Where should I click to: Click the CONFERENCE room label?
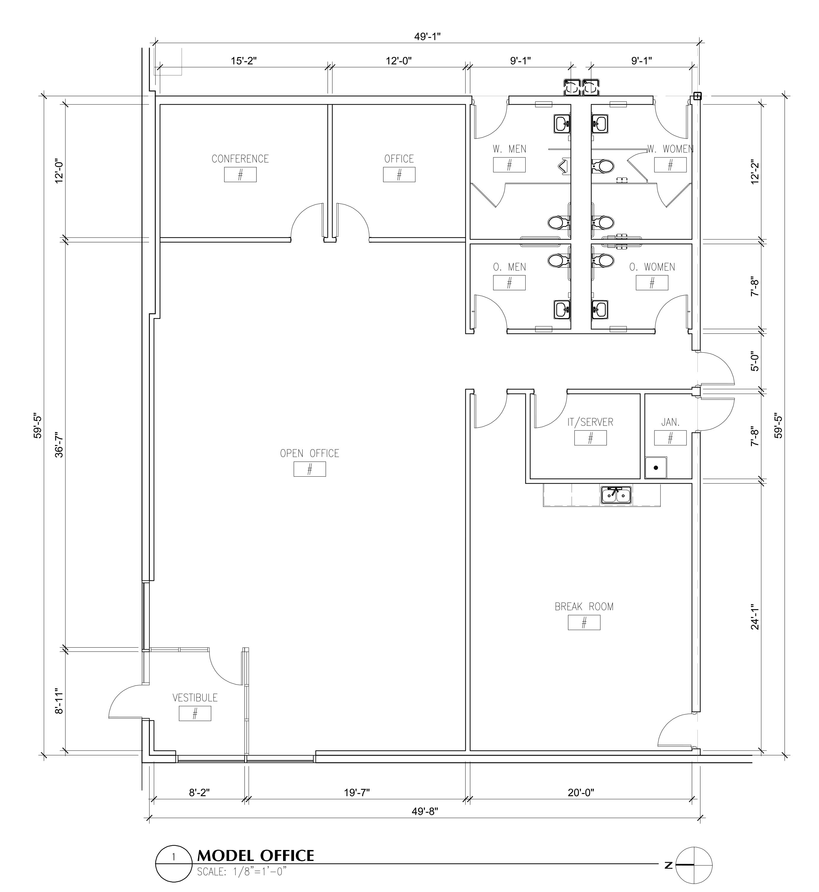tap(240, 159)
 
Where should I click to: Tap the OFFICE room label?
tap(399, 159)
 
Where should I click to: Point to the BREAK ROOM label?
tap(584, 607)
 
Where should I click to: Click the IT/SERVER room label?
tap(590, 422)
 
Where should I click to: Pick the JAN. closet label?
tap(670, 422)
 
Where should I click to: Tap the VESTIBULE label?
tap(195, 698)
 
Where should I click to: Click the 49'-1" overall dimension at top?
tap(427, 36)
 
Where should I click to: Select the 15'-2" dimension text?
tap(244, 61)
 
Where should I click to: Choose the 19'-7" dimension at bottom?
tap(357, 792)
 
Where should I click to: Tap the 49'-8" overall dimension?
tap(424, 811)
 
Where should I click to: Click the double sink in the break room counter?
tap(616, 495)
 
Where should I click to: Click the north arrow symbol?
tap(694, 865)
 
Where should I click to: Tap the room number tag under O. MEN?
tap(509, 283)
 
